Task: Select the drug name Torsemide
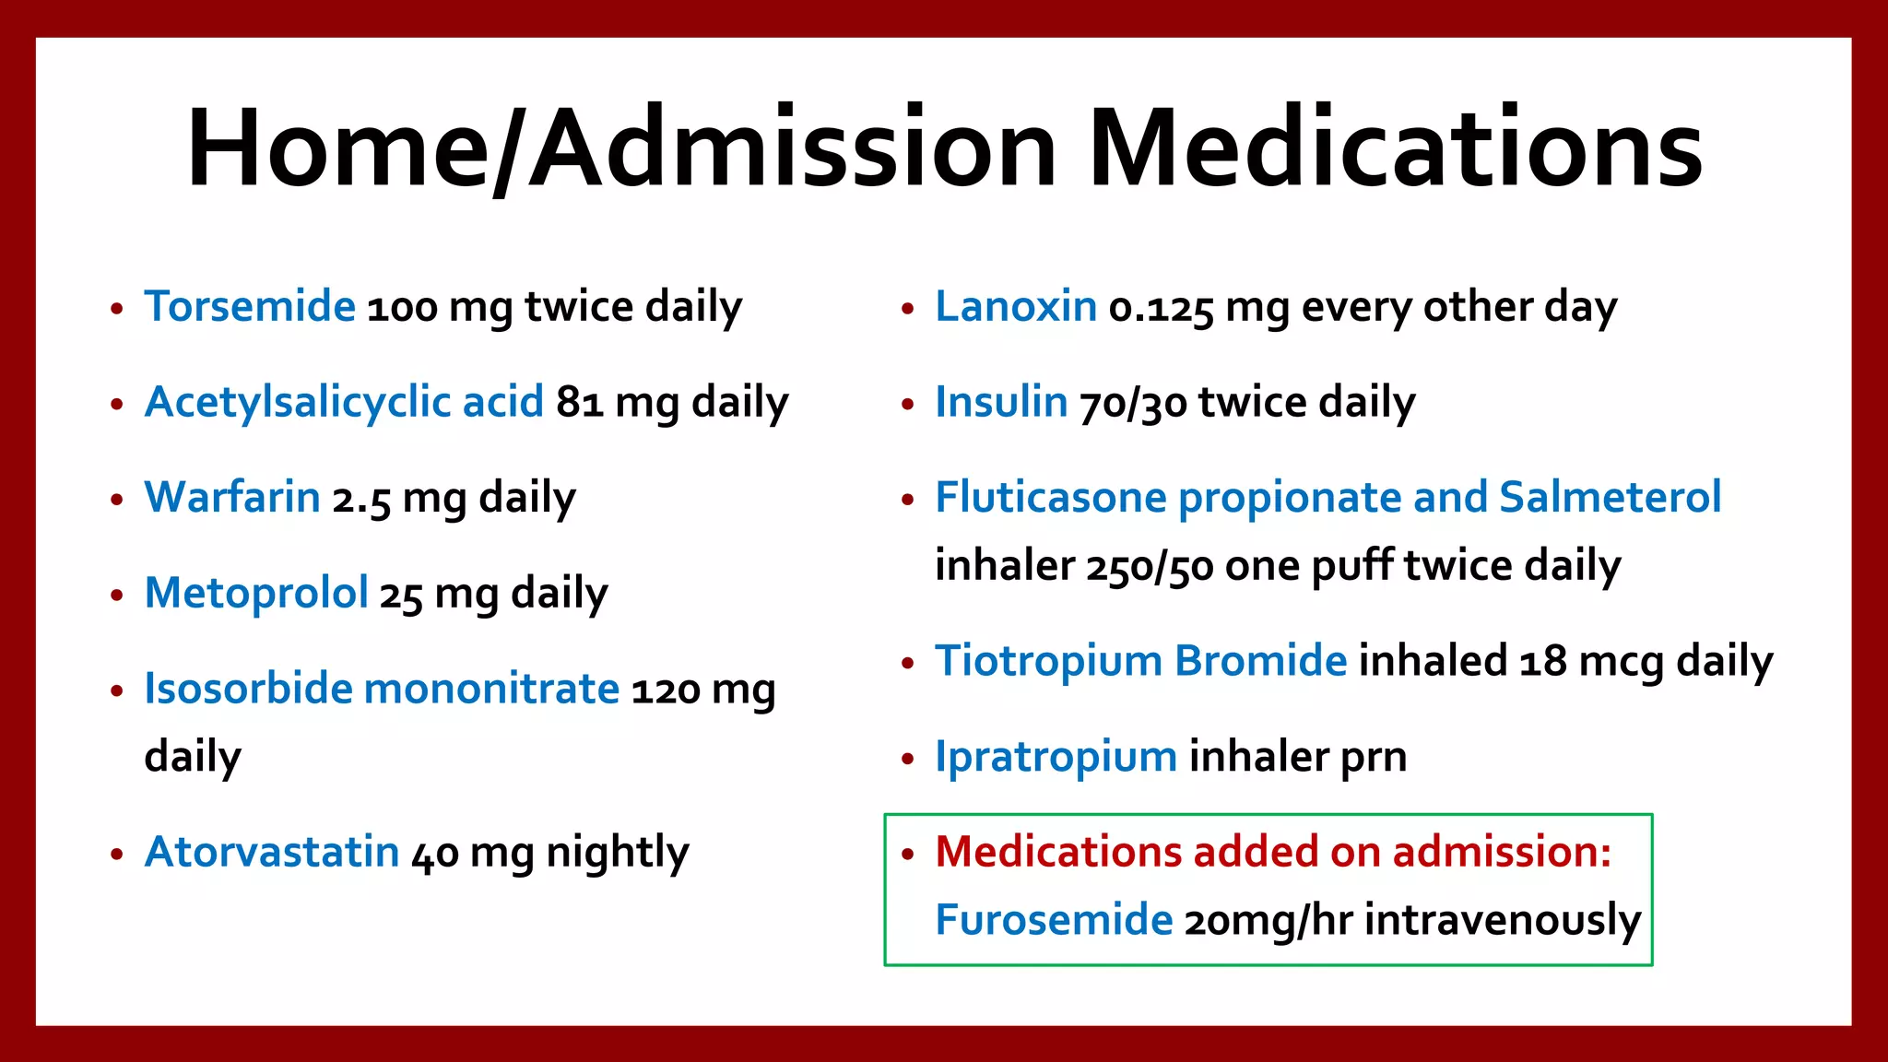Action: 250,306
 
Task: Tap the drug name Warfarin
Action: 232,497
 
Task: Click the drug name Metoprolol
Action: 256,593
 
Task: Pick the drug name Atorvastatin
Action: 272,852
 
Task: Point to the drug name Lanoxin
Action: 1016,306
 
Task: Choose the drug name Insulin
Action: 1001,402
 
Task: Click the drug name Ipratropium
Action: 1056,757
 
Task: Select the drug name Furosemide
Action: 1054,920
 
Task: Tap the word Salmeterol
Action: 1610,497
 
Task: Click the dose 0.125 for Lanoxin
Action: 1161,308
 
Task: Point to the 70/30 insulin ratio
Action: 1133,404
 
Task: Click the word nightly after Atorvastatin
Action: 617,854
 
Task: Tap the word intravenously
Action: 1503,920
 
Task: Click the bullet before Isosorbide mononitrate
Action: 116,690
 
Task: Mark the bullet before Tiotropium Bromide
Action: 908,663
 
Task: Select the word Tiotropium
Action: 1048,661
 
